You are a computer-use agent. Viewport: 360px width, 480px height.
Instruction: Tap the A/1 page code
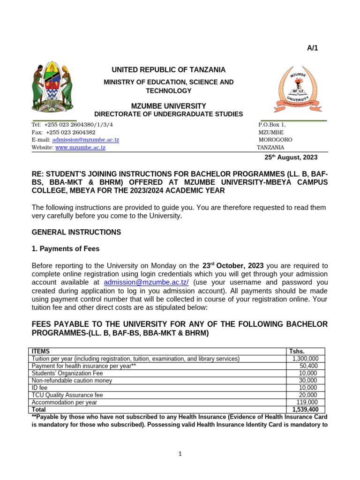pyautogui.click(x=313, y=48)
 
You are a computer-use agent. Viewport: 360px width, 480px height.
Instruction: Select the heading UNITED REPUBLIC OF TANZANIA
pyautogui.click(x=168, y=70)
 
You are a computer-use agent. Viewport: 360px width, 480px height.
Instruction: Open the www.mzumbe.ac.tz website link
pyautogui.click(x=80, y=147)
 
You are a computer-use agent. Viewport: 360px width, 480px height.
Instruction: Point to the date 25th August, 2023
pyautogui.click(x=291, y=157)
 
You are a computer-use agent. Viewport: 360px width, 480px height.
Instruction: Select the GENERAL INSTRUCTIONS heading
pyautogui.click(x=76, y=232)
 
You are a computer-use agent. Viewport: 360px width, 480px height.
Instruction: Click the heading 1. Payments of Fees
pyautogui.click(x=65, y=249)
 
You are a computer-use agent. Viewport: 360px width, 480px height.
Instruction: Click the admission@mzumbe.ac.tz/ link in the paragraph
pyautogui.click(x=146, y=282)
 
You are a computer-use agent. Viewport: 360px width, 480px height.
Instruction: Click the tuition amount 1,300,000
pyautogui.click(x=305, y=359)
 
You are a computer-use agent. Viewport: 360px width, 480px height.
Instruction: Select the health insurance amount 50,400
pyautogui.click(x=308, y=366)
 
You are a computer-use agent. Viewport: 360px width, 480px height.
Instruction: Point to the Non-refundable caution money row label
pyautogui.click(x=72, y=381)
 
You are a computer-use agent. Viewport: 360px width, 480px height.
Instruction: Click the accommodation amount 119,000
pyautogui.click(x=307, y=402)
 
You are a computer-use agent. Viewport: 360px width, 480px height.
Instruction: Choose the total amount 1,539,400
pyautogui.click(x=305, y=410)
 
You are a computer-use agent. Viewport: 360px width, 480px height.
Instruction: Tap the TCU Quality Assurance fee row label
pyautogui.click(x=67, y=395)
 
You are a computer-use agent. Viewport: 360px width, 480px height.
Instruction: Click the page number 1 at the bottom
pyautogui.click(x=180, y=454)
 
